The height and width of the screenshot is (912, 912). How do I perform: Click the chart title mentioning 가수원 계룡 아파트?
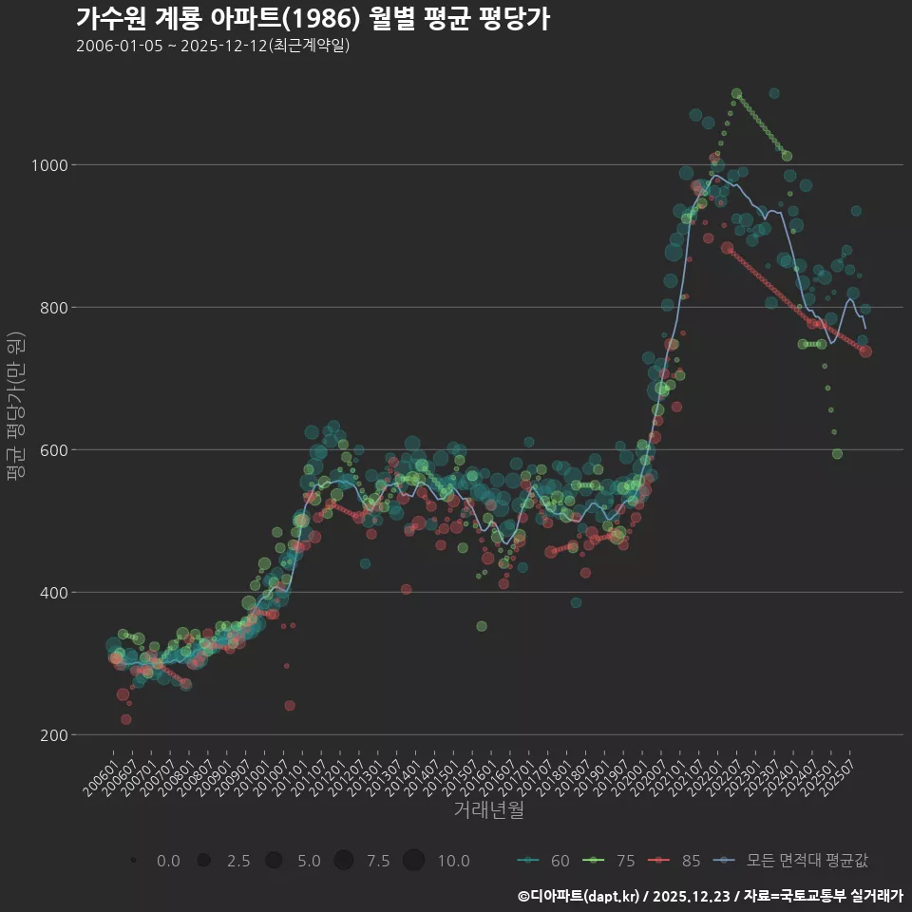(x=313, y=18)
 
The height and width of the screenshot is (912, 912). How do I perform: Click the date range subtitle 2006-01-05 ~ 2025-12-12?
(x=213, y=46)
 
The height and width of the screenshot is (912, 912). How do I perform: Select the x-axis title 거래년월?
(x=488, y=810)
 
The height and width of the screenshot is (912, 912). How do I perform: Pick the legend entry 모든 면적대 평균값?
(x=794, y=861)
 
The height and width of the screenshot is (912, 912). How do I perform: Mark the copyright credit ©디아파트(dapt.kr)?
(x=579, y=896)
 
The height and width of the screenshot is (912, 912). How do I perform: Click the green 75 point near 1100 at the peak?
(x=736, y=94)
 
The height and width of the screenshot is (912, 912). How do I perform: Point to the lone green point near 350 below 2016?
(x=482, y=626)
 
